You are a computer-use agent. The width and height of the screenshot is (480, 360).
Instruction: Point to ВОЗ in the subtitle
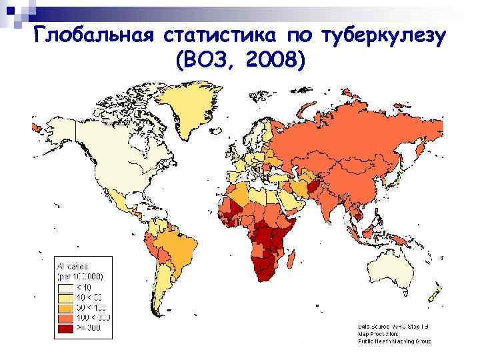click(x=203, y=61)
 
